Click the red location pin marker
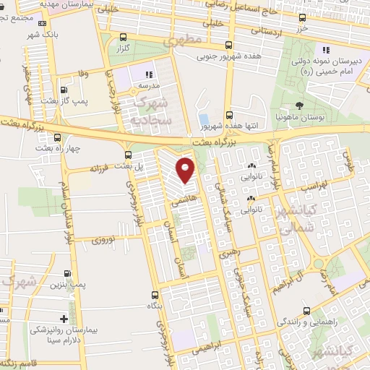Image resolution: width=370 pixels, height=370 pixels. tap(186, 170)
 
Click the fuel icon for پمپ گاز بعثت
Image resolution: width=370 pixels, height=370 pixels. tap(64, 90)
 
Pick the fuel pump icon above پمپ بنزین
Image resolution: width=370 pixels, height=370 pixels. tap(67, 273)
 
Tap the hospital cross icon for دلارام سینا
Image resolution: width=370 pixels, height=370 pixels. tap(64, 319)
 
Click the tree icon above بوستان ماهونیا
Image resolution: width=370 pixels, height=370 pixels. tap(299, 106)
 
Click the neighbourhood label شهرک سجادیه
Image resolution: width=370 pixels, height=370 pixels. tap(150, 107)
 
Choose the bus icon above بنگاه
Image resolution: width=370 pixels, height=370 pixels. tap(155, 295)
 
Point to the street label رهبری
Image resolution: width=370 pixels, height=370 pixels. tap(229, 255)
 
